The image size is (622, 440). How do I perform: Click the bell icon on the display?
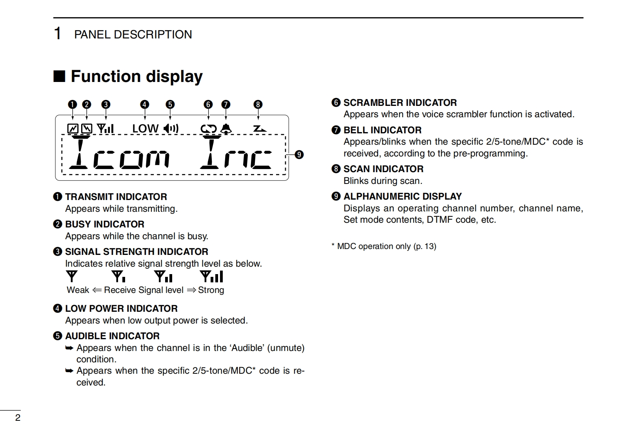click(226, 129)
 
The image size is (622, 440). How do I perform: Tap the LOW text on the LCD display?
click(145, 129)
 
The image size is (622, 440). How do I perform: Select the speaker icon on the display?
click(171, 128)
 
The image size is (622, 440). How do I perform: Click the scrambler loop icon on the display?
click(208, 129)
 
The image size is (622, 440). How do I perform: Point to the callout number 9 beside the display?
click(299, 155)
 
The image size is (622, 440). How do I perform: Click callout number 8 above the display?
click(258, 104)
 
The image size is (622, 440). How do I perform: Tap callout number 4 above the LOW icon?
click(145, 104)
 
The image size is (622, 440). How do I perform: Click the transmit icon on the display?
click(73, 129)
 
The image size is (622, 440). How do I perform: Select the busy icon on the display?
click(87, 129)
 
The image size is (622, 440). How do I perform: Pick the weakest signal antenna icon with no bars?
click(72, 276)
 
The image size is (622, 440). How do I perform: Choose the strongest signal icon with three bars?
click(211, 276)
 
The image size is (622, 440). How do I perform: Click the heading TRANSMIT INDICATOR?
click(116, 197)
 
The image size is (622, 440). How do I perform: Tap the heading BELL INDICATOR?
click(382, 130)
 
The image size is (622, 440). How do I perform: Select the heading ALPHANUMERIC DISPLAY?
click(402, 196)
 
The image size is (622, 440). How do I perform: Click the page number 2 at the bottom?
click(18, 418)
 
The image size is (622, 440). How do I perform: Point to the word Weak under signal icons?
click(78, 290)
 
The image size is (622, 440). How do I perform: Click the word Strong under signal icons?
click(211, 290)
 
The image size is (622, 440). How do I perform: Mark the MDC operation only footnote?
click(384, 246)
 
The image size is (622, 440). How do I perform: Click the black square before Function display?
click(59, 76)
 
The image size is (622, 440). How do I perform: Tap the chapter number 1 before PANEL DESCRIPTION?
click(57, 34)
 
